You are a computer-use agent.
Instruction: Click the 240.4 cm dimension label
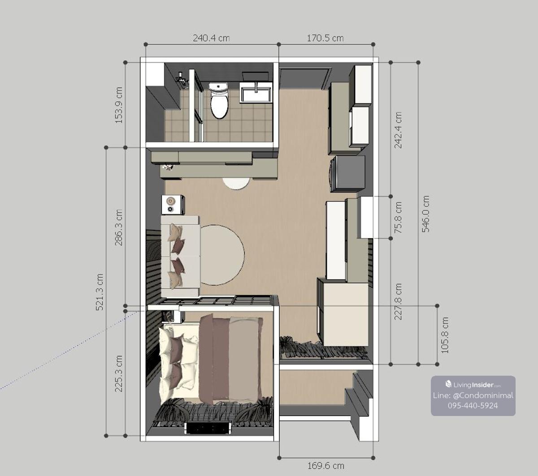(211, 38)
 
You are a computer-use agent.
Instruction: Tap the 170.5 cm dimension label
(325, 38)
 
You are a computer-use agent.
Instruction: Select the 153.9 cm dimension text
(119, 105)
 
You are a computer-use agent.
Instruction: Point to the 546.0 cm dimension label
(425, 214)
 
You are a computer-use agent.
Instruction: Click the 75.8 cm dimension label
(398, 217)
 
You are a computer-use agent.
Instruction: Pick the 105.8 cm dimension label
(445, 335)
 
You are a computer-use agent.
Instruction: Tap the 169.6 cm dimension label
(326, 466)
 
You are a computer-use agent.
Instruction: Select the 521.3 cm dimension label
(100, 292)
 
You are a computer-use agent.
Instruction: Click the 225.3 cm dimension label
(119, 373)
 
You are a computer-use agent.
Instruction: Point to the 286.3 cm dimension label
(119, 227)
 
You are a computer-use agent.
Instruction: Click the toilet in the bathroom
(218, 100)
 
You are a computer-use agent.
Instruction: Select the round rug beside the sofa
(222, 255)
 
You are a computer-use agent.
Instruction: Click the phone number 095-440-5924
(473, 405)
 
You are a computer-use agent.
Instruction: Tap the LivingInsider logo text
(473, 385)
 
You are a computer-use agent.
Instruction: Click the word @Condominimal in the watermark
(483, 395)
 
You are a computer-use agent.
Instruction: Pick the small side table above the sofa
(173, 205)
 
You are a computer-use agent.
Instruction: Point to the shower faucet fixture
(182, 78)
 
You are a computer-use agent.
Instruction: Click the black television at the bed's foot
(208, 428)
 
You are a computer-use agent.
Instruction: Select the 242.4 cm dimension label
(398, 130)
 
